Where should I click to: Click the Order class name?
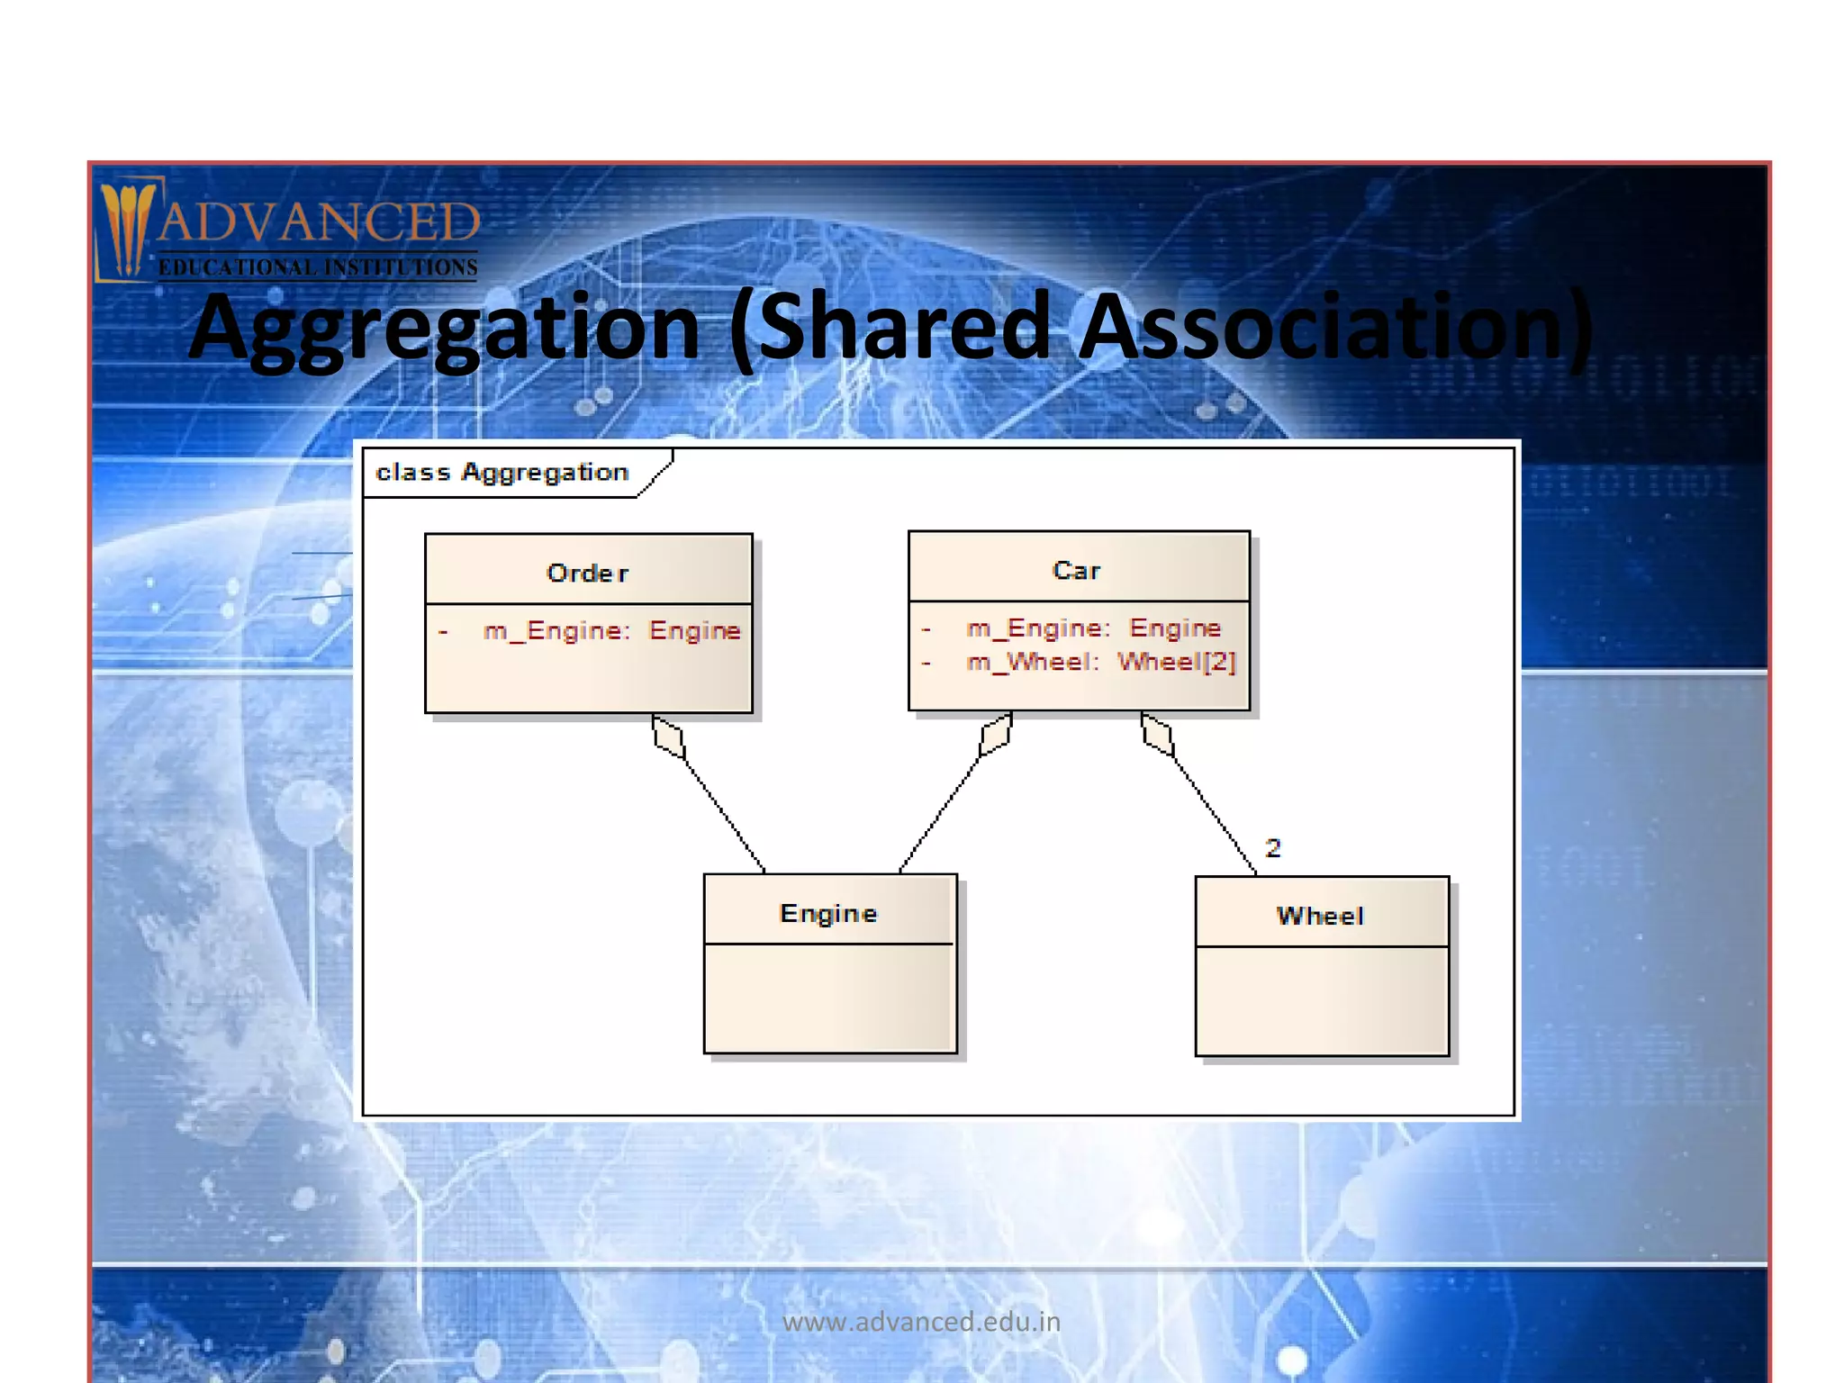(x=587, y=573)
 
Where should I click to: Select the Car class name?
(x=1076, y=570)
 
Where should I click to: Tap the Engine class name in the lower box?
(x=827, y=913)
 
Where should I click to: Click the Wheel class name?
(x=1320, y=916)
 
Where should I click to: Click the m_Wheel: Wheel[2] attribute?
(x=1100, y=662)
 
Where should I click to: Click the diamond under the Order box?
(x=668, y=737)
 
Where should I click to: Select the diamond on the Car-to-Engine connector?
(x=996, y=735)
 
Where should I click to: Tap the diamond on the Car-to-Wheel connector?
(x=1157, y=735)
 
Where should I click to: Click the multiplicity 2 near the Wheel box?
(x=1272, y=847)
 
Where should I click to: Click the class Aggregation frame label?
(x=502, y=472)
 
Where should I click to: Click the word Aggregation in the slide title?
(x=444, y=329)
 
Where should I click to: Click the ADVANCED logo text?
(x=319, y=222)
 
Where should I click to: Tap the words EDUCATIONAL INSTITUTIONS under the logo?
(x=318, y=267)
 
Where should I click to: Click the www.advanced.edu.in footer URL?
(x=921, y=1322)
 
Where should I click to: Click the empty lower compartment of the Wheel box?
(x=1322, y=1000)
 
